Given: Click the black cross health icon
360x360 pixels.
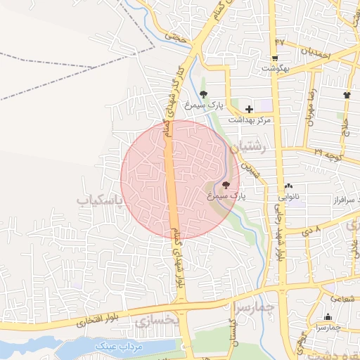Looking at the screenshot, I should pos(249,109).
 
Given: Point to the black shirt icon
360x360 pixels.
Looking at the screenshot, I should pos(347,95).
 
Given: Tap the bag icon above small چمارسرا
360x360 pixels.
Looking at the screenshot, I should pos(328,317).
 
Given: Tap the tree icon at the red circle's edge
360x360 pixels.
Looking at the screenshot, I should pos(225,185).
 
